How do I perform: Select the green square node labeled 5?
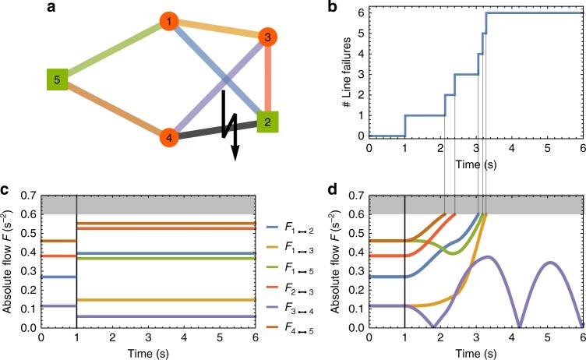(57, 78)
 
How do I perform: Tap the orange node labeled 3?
(267, 37)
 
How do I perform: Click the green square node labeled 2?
(268, 122)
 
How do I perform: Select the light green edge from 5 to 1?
(113, 50)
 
